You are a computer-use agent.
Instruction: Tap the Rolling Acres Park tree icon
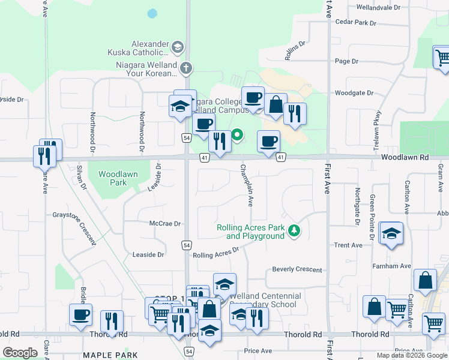(294, 230)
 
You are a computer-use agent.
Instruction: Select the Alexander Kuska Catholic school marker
(177, 46)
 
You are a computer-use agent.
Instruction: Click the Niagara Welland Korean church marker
(186, 68)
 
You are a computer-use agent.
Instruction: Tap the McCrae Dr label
(164, 223)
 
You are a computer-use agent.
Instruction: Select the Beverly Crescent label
(297, 269)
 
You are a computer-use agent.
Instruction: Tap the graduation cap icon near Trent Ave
(391, 233)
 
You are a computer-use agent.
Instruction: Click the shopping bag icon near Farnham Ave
(425, 281)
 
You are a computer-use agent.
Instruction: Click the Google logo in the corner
(20, 353)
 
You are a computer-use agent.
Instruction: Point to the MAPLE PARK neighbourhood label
(106, 355)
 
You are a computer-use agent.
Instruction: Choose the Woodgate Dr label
(354, 93)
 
